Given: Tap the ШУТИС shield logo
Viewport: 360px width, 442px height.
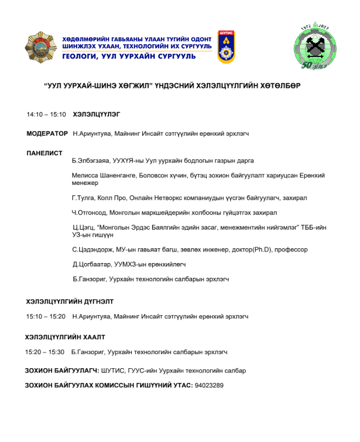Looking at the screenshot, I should [x=226, y=47].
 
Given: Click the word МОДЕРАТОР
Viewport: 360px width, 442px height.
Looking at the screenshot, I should [x=48, y=133].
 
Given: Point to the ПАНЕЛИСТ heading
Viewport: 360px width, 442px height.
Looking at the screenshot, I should [x=45, y=153].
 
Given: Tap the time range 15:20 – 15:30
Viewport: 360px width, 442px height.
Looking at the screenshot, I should [x=45, y=352].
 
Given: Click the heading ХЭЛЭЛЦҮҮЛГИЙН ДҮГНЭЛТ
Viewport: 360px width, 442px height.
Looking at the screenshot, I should [x=70, y=301].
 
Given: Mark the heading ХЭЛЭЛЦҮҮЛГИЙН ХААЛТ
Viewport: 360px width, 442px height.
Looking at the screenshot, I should [x=65, y=337].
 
